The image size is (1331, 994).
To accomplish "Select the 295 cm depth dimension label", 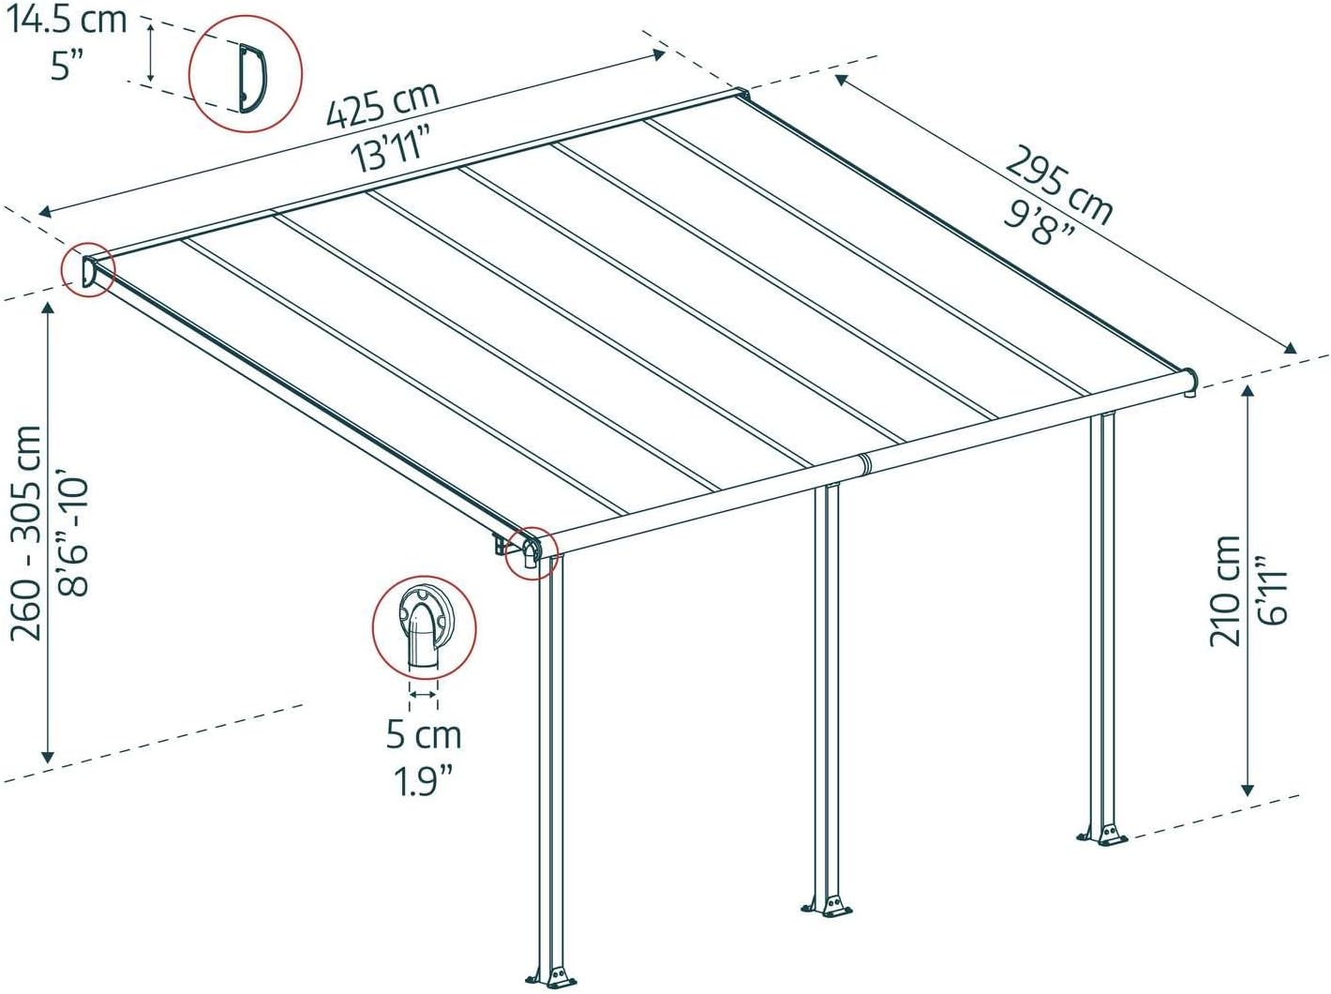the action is (x=1058, y=185).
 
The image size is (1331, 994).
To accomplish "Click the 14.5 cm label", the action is (x=66, y=20).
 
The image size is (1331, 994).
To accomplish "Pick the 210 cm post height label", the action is (x=1226, y=592).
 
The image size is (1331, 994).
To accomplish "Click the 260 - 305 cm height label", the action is (x=25, y=533).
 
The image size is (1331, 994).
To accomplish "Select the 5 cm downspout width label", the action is (x=424, y=734).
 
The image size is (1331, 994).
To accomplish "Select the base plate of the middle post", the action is (x=827, y=908).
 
